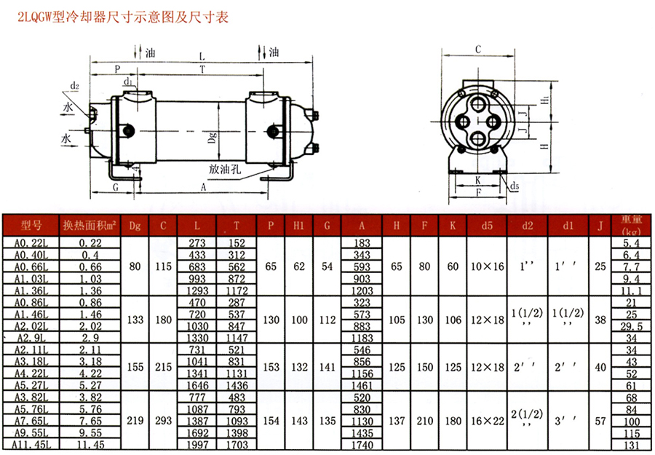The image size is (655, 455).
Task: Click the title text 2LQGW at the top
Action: (x=35, y=17)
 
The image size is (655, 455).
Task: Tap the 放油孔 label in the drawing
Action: (x=225, y=169)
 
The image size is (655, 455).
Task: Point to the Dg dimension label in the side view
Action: (x=213, y=138)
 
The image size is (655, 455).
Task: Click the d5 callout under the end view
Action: (x=515, y=186)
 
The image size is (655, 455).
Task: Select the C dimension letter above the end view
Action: (x=478, y=50)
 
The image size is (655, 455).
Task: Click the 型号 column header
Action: (x=31, y=226)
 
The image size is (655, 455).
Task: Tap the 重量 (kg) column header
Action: (x=631, y=226)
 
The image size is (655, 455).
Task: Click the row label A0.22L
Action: (x=31, y=242)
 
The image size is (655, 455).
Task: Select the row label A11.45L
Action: (x=31, y=445)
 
